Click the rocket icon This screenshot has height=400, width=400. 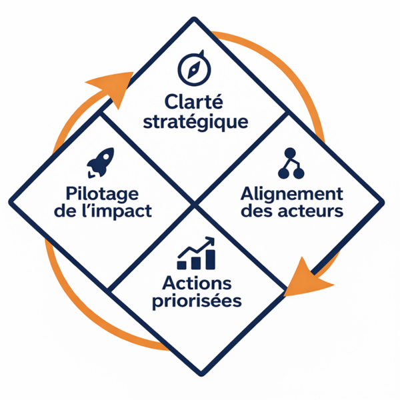pos(101,162)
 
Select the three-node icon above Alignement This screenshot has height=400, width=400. pos(290,163)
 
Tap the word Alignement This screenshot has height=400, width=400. pos(291,193)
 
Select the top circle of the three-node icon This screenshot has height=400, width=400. pos(290,153)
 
